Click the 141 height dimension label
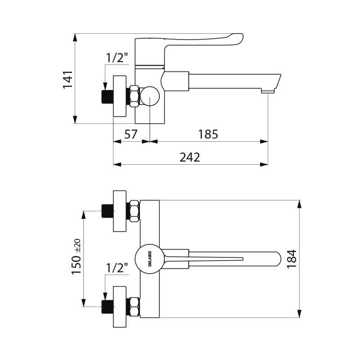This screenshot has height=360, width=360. (x=67, y=80)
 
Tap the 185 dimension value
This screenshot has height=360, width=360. (x=208, y=134)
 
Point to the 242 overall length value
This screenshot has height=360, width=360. (x=189, y=157)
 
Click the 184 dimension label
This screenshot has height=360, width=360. (x=292, y=259)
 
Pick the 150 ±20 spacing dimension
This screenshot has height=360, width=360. (x=76, y=257)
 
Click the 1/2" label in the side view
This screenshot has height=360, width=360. (x=117, y=58)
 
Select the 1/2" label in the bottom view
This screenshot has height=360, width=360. (x=117, y=268)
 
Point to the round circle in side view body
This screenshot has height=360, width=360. (x=149, y=96)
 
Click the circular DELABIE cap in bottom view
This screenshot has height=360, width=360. (x=149, y=258)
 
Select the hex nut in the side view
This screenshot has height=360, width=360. (x=134, y=96)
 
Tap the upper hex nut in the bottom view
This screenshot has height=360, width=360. (x=134, y=211)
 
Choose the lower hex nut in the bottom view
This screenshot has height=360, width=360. (x=134, y=306)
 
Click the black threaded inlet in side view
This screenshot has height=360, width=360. (x=107, y=96)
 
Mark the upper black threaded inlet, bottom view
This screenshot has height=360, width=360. (x=107, y=211)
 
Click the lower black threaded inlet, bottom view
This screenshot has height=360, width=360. (x=107, y=306)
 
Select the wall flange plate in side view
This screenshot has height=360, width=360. (x=120, y=96)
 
